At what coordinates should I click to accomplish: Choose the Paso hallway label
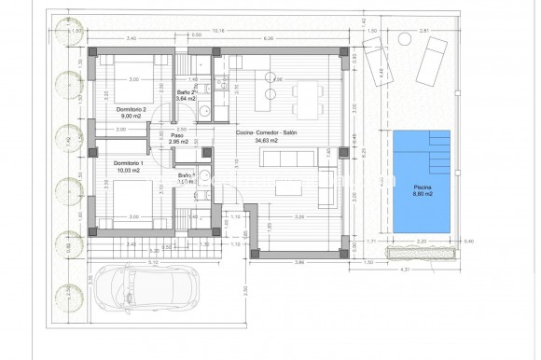tap(176, 136)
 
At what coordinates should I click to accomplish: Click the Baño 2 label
tap(185, 92)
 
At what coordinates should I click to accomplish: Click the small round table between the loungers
tap(404, 40)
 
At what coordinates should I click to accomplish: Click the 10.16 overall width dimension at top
tap(218, 30)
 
